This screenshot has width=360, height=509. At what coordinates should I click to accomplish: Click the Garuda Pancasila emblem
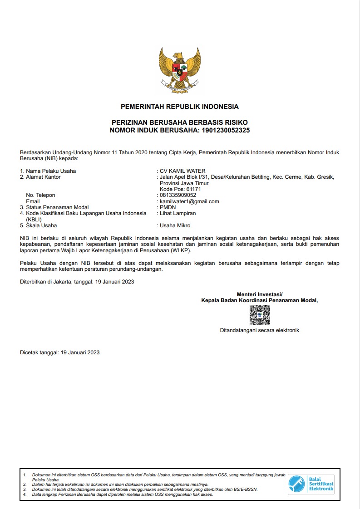tap(180, 70)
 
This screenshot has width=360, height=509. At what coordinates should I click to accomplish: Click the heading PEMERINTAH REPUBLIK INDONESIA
tap(180, 107)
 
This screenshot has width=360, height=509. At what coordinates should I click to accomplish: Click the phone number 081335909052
tap(178, 195)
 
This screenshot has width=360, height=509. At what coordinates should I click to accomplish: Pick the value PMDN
tap(168, 207)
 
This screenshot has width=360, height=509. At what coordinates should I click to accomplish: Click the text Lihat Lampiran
tap(178, 213)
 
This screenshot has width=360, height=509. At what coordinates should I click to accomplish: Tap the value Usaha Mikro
tap(175, 225)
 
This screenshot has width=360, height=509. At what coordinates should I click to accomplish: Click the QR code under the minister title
tap(260, 315)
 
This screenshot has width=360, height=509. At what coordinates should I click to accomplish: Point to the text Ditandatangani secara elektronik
tap(260, 330)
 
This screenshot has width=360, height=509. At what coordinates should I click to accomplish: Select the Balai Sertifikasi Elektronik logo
tap(311, 485)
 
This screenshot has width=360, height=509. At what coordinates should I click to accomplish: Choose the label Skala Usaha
tap(41, 225)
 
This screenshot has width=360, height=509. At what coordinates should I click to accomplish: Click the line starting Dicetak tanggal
tap(60, 352)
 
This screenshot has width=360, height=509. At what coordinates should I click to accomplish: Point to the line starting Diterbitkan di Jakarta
tap(77, 281)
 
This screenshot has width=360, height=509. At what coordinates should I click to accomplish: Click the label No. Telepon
tap(40, 195)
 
